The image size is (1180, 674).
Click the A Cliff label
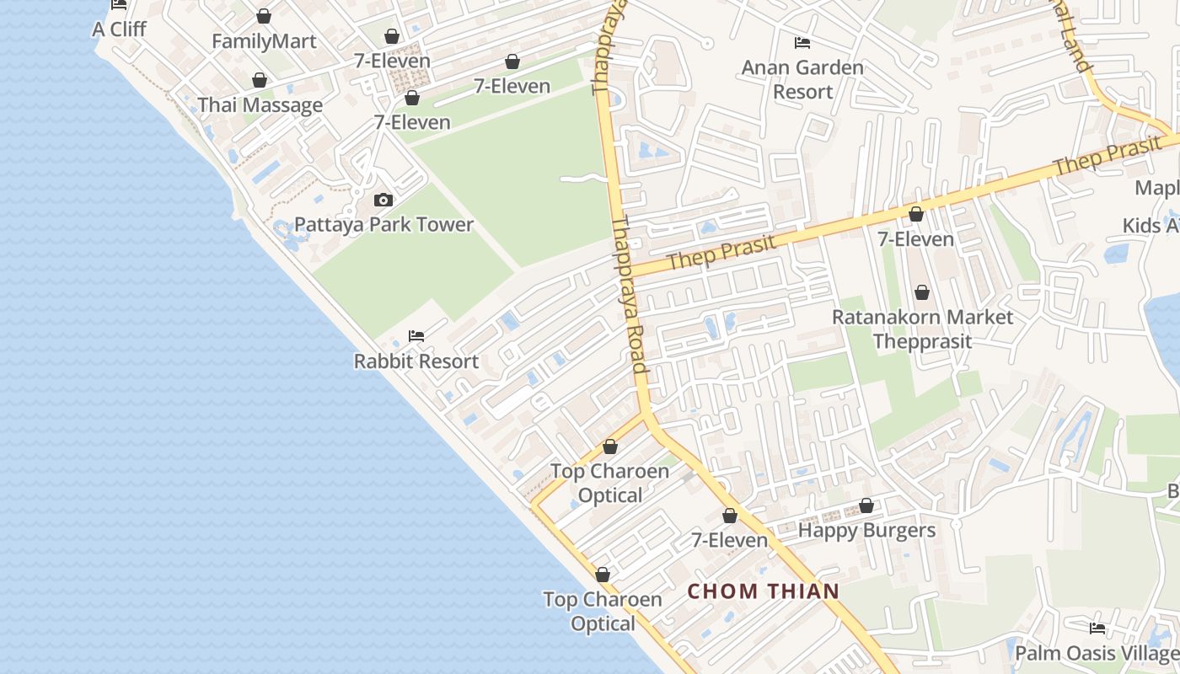(119, 29)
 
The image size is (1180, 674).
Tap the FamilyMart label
(264, 41)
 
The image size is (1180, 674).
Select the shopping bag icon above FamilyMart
(264, 16)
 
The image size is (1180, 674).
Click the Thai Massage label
(260, 105)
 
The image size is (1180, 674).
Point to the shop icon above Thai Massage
(260, 80)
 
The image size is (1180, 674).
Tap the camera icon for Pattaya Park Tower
(383, 200)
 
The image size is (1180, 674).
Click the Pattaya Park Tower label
(383, 225)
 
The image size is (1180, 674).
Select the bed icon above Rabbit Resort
(416, 335)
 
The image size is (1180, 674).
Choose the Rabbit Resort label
(416, 361)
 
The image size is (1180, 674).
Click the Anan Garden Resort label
(802, 79)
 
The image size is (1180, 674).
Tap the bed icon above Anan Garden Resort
(802, 42)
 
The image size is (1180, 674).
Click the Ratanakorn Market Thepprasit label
(922, 329)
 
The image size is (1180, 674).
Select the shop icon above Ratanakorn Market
(922, 292)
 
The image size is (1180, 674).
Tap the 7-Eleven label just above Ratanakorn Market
(916, 240)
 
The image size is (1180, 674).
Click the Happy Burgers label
(866, 531)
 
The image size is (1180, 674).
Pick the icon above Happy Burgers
(866, 505)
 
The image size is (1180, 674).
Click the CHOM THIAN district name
(764, 591)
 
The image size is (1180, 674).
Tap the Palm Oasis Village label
(1097, 654)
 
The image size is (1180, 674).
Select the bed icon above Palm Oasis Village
(1097, 629)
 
